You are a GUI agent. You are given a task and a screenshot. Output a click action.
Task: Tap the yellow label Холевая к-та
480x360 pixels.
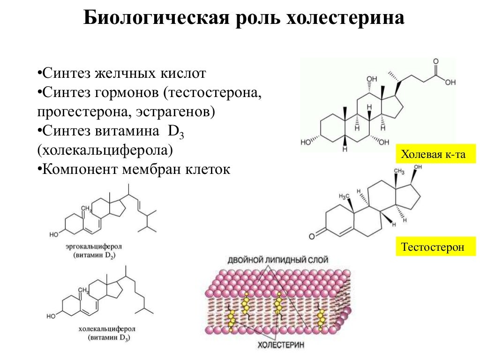[x=435, y=154]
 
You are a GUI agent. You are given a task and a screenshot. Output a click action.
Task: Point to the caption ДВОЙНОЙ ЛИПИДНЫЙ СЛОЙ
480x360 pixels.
[x=278, y=259]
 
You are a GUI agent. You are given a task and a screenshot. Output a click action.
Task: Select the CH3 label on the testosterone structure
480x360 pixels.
[x=398, y=172]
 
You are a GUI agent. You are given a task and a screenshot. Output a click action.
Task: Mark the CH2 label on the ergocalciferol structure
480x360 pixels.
[x=86, y=208]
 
